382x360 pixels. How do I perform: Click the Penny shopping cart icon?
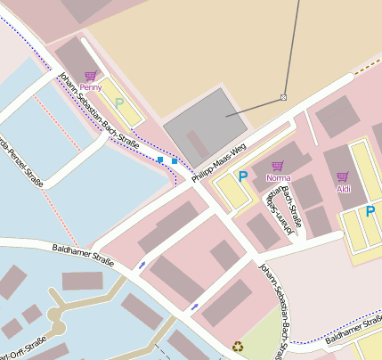90,77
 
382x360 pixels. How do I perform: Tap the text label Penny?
90,87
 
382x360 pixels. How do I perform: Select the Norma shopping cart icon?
277,166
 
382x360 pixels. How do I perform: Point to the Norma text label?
278,177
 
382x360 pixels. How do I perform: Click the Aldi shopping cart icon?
343,176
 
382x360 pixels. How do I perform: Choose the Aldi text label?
343,188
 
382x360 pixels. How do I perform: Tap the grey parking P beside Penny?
118,103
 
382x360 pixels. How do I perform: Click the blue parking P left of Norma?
242,176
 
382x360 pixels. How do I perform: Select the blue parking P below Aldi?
370,211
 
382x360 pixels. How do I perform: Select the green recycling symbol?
238,346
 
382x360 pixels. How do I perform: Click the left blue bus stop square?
160,160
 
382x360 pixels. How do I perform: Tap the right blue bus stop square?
175,160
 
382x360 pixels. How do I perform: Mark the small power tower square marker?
283,96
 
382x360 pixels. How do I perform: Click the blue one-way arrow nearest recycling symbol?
195,307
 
